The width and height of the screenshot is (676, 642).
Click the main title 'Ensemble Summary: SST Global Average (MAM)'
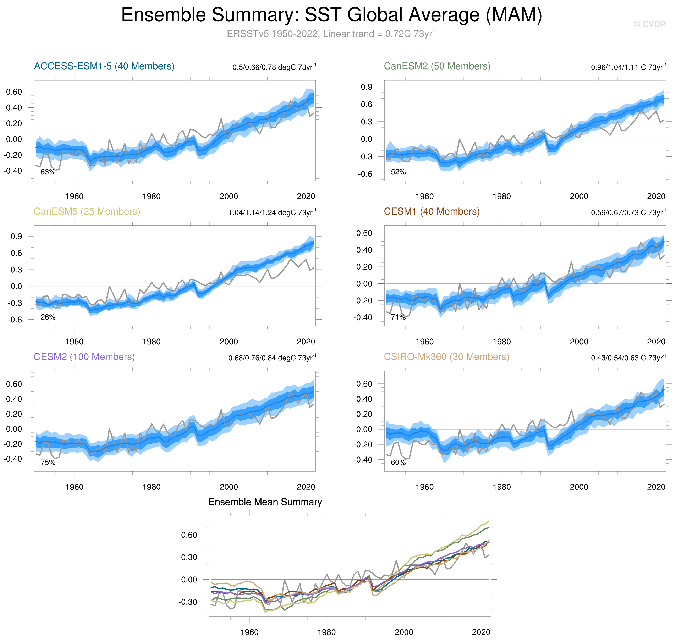[331, 15]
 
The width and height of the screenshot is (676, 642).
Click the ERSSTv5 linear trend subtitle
[331, 34]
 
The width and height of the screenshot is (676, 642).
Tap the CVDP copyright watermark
[649, 24]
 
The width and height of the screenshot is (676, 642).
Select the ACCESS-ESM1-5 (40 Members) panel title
[104, 66]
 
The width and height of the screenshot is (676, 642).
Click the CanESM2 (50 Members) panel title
[437, 66]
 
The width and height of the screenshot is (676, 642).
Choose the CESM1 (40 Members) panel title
[431, 211]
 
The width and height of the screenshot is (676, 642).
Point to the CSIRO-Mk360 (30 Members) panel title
[446, 357]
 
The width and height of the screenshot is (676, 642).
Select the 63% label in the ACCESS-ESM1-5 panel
[48, 172]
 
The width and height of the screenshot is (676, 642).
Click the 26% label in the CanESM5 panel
[48, 317]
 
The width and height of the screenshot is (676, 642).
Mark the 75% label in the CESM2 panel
[48, 462]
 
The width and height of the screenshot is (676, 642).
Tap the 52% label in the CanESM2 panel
[398, 172]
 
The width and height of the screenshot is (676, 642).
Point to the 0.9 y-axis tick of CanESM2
[366, 87]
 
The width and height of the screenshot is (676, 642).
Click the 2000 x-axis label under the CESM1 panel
[579, 342]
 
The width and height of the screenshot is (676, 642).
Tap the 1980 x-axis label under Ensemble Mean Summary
[326, 632]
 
